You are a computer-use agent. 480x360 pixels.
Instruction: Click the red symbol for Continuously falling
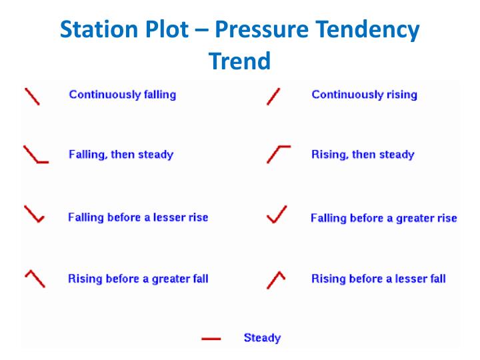[31, 96]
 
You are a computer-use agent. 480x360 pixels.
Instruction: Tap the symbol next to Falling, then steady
[35, 155]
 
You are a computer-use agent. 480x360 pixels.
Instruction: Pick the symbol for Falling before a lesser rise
[34, 215]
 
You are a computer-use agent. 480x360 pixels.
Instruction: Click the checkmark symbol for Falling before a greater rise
[277, 215]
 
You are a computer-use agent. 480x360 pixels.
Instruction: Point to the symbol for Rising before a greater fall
[35, 278]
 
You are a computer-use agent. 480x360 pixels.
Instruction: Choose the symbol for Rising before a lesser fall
[276, 279]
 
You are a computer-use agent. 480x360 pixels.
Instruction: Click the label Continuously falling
[123, 95]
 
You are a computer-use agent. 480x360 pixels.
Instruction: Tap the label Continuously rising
[364, 95]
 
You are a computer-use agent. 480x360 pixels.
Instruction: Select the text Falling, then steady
[121, 155]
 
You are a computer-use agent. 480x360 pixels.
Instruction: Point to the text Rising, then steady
[363, 155]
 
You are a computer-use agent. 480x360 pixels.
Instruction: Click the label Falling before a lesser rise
[138, 217]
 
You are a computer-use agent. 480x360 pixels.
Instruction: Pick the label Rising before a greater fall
[138, 279]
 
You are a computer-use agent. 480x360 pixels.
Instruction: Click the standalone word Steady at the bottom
[262, 338]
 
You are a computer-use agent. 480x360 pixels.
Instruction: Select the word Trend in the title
[240, 61]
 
